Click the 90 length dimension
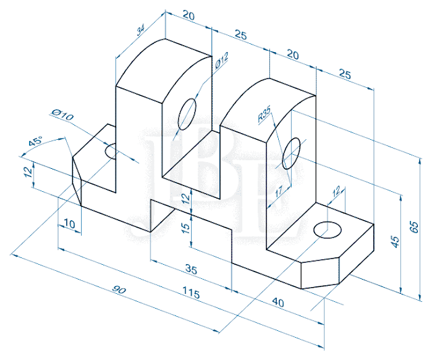coord(119,291)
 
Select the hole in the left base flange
coord(111,151)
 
